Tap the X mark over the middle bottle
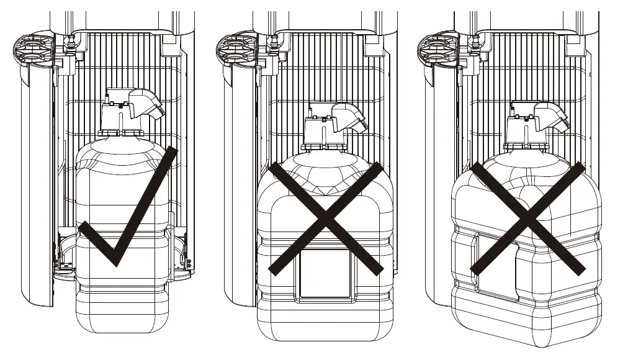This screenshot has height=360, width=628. (x=325, y=218)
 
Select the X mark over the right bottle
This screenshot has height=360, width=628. (x=527, y=218)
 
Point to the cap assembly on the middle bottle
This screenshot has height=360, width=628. (x=323, y=130)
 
